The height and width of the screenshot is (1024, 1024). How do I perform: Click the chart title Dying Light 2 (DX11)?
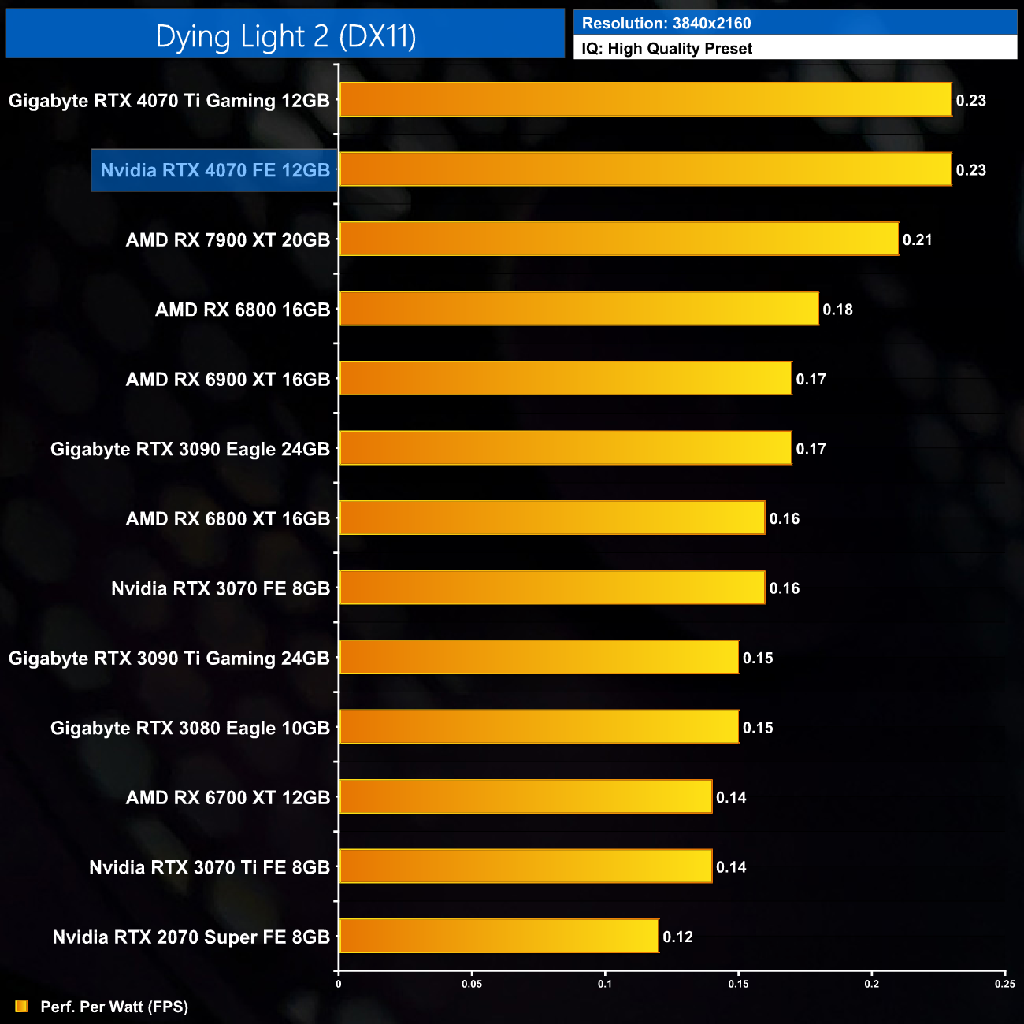pyautogui.click(x=285, y=36)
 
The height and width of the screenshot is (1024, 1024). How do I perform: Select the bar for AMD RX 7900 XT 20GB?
pyautogui.click(x=618, y=239)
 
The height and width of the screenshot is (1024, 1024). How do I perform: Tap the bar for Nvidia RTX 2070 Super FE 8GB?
pyautogui.click(x=499, y=936)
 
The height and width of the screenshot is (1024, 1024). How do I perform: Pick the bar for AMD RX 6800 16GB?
pyautogui.click(x=578, y=309)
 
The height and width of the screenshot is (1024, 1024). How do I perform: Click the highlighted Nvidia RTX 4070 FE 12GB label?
pyautogui.click(x=215, y=170)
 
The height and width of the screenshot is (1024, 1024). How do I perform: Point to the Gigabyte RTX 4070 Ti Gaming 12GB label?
pyautogui.click(x=169, y=101)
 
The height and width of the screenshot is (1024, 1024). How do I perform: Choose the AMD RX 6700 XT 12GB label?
pyautogui.click(x=228, y=797)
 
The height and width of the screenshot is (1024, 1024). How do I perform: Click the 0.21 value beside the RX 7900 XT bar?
pyautogui.click(x=918, y=240)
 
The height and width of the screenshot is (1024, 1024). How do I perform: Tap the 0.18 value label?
pyautogui.click(x=837, y=310)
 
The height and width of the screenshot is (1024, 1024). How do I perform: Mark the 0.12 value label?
pyautogui.click(x=677, y=937)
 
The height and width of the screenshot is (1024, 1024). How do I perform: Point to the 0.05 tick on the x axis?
pyautogui.click(x=472, y=984)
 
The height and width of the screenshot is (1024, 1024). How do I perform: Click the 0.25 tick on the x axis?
pyautogui.click(x=1004, y=984)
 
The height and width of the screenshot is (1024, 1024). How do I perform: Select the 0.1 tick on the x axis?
pyautogui.click(x=605, y=984)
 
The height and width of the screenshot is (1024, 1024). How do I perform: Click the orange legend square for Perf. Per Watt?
pyautogui.click(x=21, y=1007)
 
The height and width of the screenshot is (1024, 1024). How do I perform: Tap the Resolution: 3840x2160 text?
pyautogui.click(x=666, y=24)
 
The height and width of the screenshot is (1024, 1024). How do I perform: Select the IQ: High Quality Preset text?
pyautogui.click(x=666, y=49)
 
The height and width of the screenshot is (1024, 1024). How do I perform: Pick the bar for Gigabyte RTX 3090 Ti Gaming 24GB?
pyautogui.click(x=539, y=657)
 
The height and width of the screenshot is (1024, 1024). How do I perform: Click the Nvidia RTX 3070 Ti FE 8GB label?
pyautogui.click(x=210, y=867)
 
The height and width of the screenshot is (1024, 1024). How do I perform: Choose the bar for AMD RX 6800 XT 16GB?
pyautogui.click(x=551, y=518)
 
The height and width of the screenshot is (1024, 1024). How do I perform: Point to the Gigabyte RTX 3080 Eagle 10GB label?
pyautogui.click(x=190, y=728)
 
